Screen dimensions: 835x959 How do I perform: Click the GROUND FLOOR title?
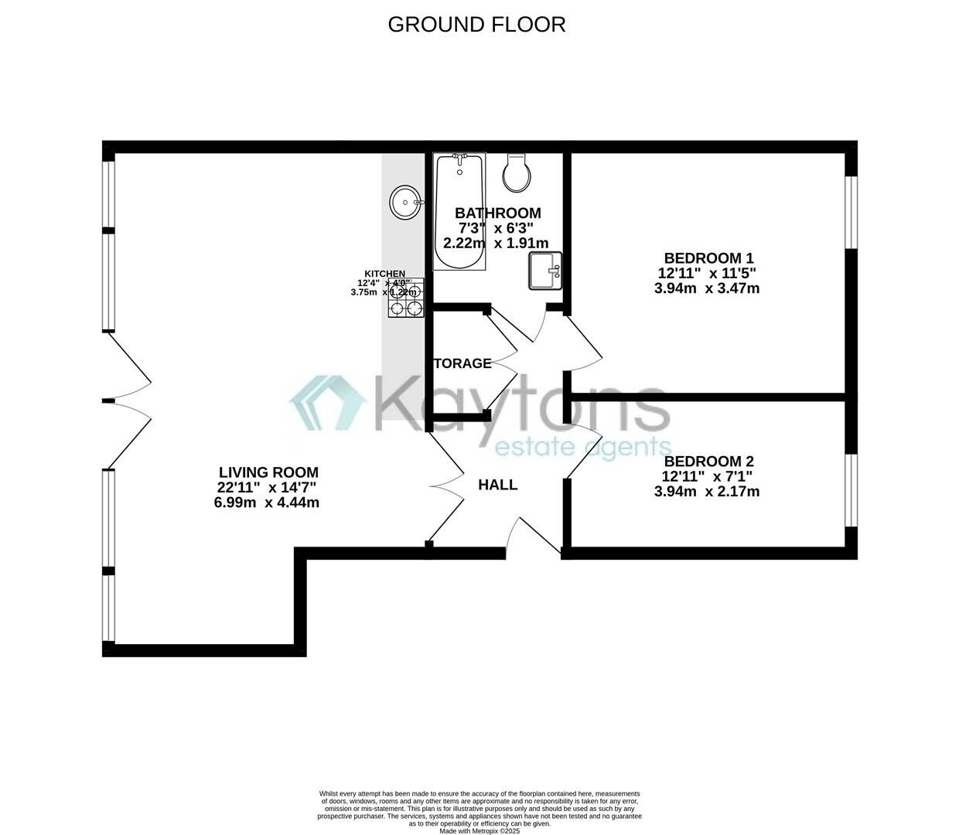pos(476,24)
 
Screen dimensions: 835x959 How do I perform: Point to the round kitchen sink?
pos(404,203)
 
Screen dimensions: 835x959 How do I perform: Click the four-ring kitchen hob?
pos(406,299)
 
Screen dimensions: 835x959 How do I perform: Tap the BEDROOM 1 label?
pos(708,258)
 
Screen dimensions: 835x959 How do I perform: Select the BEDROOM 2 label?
pos(708,462)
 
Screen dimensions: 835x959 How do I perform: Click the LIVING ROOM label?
pos(268,472)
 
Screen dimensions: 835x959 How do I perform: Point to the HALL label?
pos(497,486)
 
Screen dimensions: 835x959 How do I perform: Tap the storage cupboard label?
pos(462,363)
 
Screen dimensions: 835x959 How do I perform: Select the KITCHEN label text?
pos(385,274)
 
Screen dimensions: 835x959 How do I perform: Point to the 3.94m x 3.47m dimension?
pos(707,288)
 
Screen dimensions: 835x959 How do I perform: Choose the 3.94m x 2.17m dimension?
pos(707,492)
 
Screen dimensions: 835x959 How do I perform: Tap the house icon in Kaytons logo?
pos(328,403)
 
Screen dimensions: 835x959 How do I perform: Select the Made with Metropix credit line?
pos(479,831)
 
